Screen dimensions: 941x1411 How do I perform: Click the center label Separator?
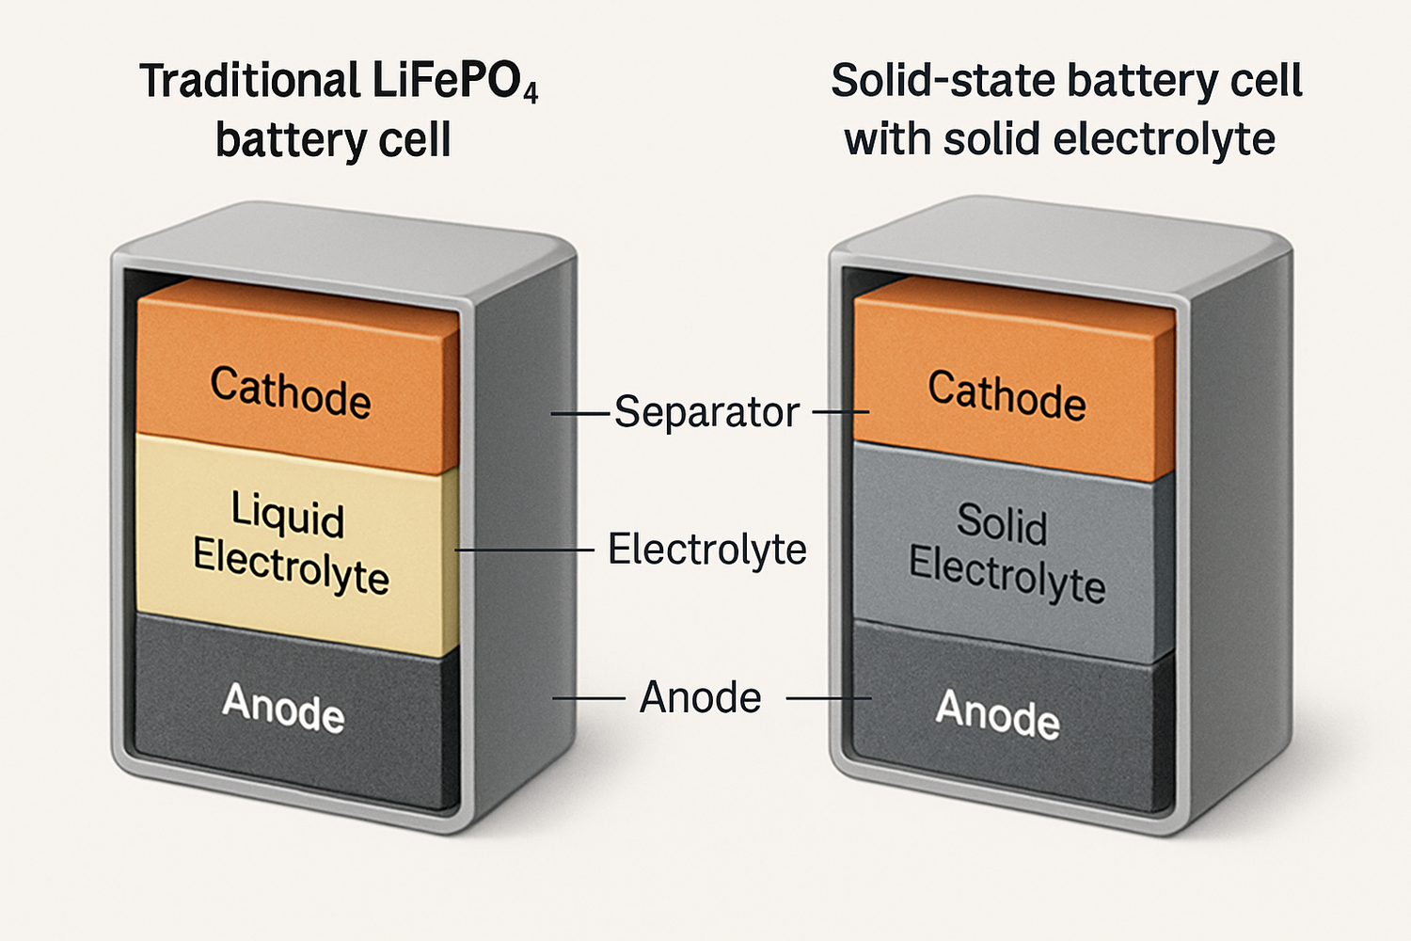tap(706, 412)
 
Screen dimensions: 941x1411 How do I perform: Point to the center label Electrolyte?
tap(706, 550)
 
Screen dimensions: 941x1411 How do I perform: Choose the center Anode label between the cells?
tap(701, 698)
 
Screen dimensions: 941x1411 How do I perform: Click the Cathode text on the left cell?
tap(291, 391)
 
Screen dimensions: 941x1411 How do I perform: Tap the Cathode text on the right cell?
tap(1007, 395)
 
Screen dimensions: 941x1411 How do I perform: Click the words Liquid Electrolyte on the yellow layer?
tap(291, 544)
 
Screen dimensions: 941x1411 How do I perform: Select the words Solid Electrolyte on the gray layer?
tap(1006, 552)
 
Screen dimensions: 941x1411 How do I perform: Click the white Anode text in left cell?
tap(284, 707)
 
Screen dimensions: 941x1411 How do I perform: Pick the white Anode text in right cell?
tap(997, 714)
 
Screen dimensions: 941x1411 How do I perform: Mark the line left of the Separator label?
tap(580, 413)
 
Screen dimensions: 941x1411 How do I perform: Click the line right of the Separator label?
tap(840, 412)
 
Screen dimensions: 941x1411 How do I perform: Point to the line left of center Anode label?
tap(589, 698)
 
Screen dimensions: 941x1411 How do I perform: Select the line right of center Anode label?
tap(828, 699)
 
